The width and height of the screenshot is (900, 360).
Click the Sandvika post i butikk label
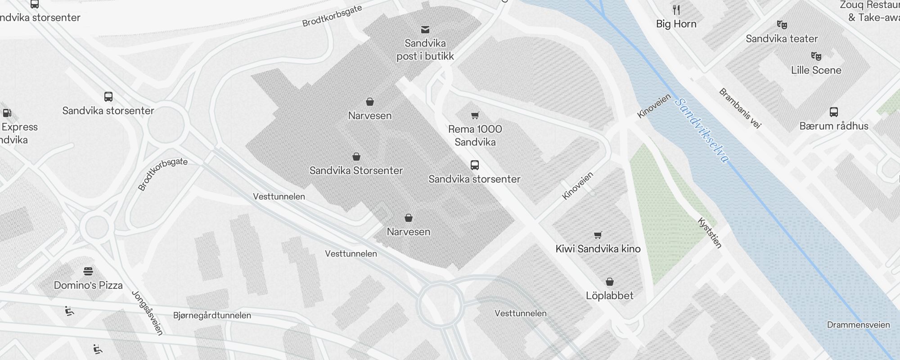[425, 50]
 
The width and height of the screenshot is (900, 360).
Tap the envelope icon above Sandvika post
[425, 30]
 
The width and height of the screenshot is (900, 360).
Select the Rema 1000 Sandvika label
[475, 135]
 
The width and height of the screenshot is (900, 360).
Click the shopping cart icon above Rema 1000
[475, 116]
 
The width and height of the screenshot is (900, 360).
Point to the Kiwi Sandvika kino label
[598, 249]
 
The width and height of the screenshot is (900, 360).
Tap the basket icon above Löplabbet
[609, 282]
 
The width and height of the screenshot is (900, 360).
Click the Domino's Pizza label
[88, 285]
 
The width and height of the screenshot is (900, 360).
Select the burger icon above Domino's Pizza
[88, 271]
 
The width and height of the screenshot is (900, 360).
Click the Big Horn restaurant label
[676, 24]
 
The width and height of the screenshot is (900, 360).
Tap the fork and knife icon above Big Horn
[676, 10]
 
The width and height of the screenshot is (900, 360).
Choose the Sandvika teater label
[781, 39]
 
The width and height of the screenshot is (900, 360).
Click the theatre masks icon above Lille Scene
[816, 56]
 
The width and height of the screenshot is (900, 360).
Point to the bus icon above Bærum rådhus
[833, 112]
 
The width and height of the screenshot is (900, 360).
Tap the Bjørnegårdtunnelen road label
[212, 315]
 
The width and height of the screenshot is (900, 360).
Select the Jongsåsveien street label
[147, 313]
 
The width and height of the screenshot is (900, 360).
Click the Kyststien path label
[710, 233]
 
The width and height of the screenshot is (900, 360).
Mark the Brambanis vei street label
[739, 108]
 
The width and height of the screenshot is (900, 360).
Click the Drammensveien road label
[858, 325]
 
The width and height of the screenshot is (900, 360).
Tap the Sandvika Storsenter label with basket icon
[356, 171]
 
